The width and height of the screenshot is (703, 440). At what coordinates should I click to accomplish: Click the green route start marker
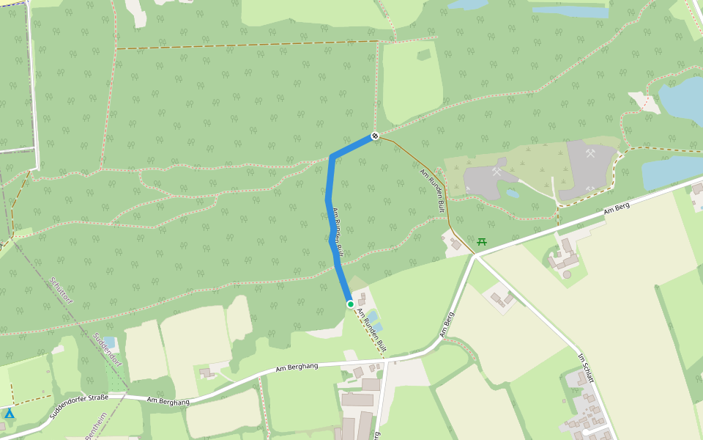350,304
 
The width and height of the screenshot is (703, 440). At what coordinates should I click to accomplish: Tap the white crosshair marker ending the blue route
374,136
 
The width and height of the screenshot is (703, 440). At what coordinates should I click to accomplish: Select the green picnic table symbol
482,241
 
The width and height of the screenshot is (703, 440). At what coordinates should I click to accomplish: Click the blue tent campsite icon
10,414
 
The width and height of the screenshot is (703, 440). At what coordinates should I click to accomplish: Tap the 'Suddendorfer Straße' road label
78,407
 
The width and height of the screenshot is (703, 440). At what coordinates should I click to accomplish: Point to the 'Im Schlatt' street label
585,368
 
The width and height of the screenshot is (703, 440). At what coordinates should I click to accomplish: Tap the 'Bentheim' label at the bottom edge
96,425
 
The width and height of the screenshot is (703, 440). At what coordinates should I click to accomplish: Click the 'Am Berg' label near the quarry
617,209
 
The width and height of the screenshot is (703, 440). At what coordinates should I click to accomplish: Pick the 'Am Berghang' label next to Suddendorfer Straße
168,401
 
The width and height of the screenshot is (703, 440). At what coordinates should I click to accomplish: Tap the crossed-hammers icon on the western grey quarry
497,172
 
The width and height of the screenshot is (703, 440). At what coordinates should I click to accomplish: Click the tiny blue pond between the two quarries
513,194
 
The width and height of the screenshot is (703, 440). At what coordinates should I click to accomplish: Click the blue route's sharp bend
332,156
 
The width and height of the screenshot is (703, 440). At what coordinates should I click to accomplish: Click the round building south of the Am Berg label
567,274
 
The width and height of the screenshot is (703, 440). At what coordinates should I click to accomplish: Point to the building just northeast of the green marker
362,296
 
